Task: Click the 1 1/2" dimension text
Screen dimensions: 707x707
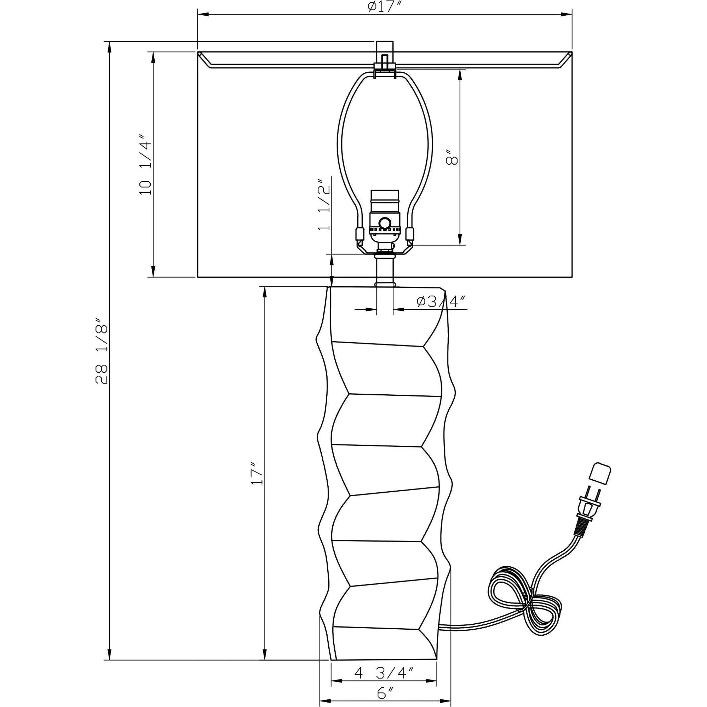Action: tap(324, 204)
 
